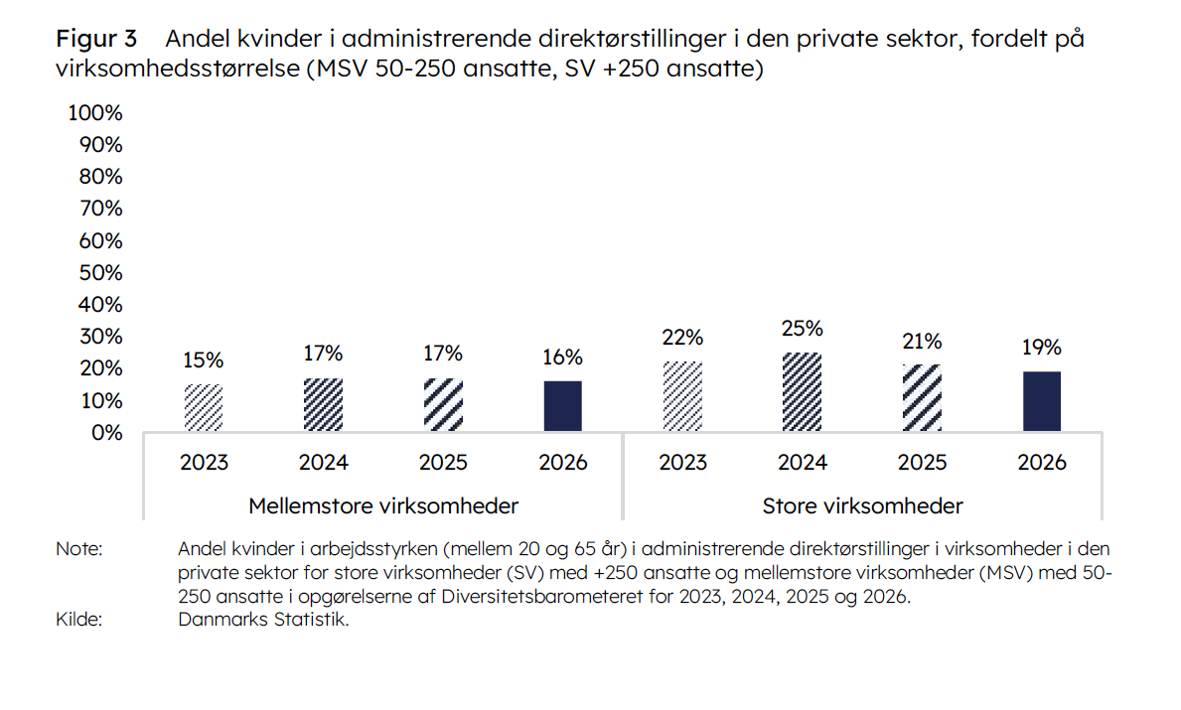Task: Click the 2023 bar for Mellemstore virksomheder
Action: (x=204, y=407)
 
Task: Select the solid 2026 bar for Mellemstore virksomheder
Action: (x=562, y=405)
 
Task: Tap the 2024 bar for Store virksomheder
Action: (x=802, y=391)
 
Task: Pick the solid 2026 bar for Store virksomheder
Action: (x=1042, y=401)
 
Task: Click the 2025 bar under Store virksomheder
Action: (x=922, y=397)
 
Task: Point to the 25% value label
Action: (x=802, y=329)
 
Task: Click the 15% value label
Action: (x=204, y=360)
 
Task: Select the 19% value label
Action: (x=1042, y=348)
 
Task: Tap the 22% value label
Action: (x=682, y=338)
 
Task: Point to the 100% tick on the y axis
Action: (x=95, y=112)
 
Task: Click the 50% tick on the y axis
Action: (x=99, y=272)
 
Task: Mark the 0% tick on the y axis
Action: (x=105, y=433)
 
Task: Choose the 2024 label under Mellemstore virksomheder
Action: (x=324, y=463)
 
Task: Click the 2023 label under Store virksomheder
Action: (x=682, y=463)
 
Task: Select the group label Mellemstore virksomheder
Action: (x=383, y=506)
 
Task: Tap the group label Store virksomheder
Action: (x=862, y=506)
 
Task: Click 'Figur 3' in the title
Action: (x=96, y=40)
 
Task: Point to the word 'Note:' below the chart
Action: (x=79, y=549)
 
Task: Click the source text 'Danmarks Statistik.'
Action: (x=263, y=621)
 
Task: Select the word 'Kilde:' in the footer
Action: (x=79, y=621)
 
